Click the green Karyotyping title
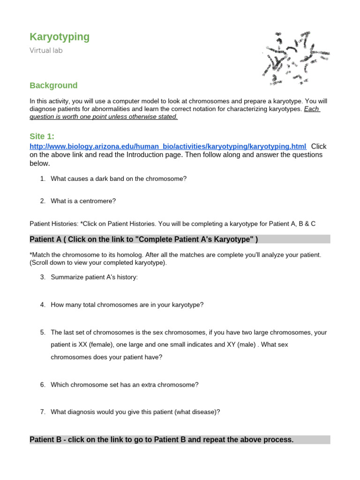point(60,37)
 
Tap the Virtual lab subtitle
point(46,51)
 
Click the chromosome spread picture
point(287,58)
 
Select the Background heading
point(53,85)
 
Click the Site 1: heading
point(42,136)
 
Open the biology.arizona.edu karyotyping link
point(168,146)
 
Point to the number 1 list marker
point(42,179)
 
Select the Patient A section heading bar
point(180,240)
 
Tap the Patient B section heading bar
point(180,440)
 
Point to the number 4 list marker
point(42,305)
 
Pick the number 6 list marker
point(42,385)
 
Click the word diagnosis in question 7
point(83,412)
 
